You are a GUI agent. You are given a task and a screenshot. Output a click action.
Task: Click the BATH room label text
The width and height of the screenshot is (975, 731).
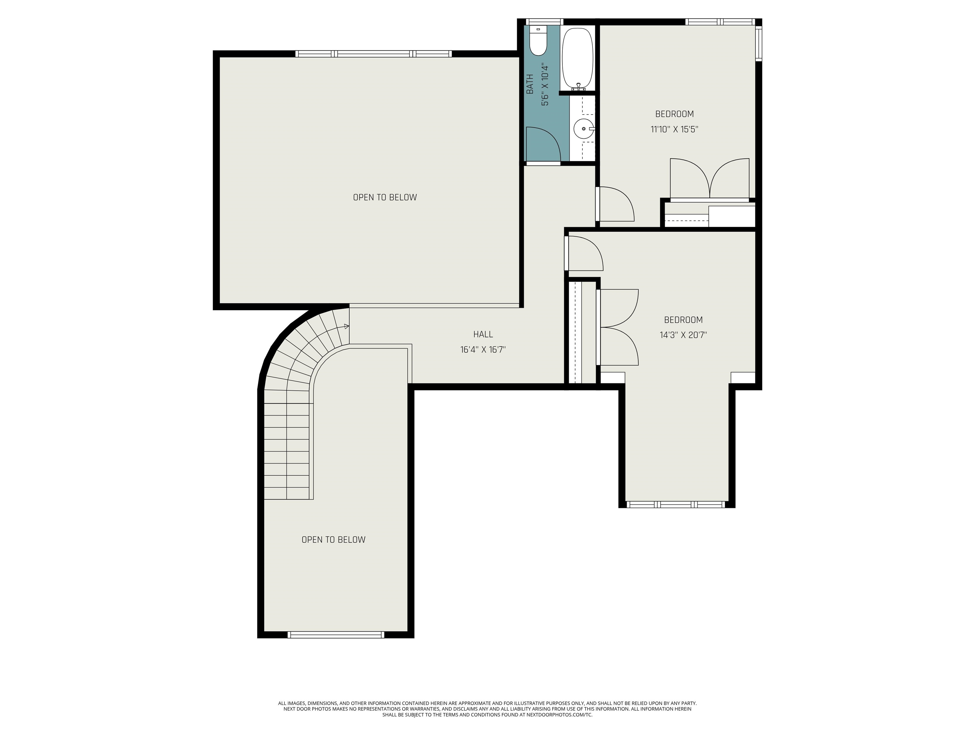(530, 84)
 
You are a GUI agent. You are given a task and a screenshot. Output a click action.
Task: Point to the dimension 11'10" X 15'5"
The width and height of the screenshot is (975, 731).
(674, 129)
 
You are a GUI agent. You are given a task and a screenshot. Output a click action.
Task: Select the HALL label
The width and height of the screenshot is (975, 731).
(483, 334)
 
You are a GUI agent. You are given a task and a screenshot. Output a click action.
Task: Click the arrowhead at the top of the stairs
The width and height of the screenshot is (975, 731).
(347, 326)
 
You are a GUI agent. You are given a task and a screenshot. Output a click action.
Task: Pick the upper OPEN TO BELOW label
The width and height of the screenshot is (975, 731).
(385, 197)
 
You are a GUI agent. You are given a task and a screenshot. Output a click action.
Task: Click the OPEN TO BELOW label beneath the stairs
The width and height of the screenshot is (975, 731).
(333, 540)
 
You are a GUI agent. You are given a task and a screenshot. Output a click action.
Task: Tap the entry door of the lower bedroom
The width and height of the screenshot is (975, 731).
(584, 254)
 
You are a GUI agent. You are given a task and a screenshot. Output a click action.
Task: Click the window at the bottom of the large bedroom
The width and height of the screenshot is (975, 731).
(675, 504)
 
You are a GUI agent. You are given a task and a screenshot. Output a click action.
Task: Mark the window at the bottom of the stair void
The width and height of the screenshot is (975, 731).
(335, 635)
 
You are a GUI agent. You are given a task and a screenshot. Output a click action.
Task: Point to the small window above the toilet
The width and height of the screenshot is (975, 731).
(544, 22)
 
